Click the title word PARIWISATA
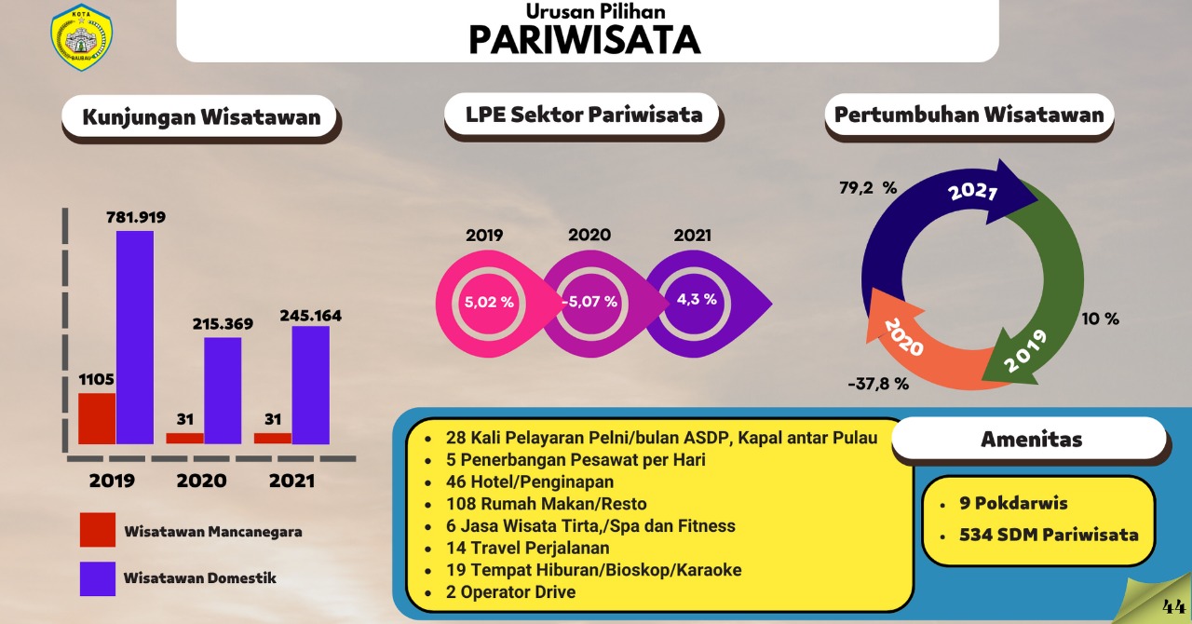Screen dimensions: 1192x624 [585, 40]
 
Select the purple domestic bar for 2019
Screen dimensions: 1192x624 [135, 337]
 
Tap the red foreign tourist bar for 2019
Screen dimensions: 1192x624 [97, 418]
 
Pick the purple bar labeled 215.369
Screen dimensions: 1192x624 [223, 390]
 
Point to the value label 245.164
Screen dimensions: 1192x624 [311, 316]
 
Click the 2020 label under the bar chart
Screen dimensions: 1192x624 [202, 481]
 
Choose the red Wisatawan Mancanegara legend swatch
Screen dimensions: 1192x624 [98, 530]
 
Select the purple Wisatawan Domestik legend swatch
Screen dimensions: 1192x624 [98, 578]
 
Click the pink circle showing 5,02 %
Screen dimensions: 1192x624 [489, 303]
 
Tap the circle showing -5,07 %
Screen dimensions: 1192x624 [589, 303]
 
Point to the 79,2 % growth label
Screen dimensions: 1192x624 [868, 188]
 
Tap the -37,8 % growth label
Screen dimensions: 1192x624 [878, 384]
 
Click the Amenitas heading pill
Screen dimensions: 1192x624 [1031, 440]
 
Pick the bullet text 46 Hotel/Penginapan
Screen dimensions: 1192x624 [530, 482]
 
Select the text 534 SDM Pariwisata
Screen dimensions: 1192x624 [1049, 535]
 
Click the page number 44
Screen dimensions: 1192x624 [1173, 606]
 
